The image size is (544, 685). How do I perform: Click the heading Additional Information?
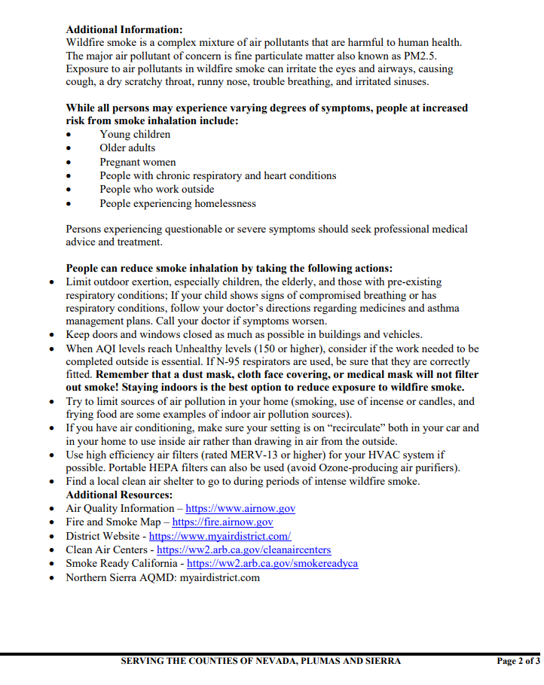(124, 30)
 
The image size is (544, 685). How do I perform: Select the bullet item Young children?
(135, 135)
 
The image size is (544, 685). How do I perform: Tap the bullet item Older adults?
(127, 148)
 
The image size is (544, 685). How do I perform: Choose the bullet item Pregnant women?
(138, 162)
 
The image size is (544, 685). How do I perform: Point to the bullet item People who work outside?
(157, 190)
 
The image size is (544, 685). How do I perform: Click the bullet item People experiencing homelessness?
(177, 203)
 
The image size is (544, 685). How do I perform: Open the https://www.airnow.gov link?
(240, 509)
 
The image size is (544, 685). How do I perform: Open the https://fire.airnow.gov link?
(222, 522)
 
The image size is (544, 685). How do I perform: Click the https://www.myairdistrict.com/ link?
(220, 537)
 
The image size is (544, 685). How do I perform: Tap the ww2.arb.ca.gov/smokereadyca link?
(272, 564)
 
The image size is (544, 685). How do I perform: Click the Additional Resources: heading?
(119, 495)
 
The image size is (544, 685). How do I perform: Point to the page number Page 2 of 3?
(518, 662)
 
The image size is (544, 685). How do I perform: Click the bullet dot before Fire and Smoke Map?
(51, 522)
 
